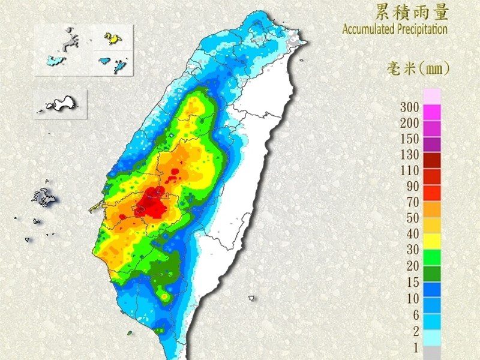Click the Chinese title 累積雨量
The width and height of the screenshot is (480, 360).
pyautogui.click(x=410, y=11)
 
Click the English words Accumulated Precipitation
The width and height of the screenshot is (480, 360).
pyautogui.click(x=395, y=28)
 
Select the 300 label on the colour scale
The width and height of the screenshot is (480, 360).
pyautogui.click(x=410, y=108)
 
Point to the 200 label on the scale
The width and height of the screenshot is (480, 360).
pyautogui.click(x=410, y=123)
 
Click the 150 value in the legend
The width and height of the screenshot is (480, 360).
pyautogui.click(x=410, y=139)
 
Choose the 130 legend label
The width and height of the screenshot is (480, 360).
pyautogui.click(x=410, y=154)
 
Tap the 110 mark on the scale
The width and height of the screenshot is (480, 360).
pyautogui.click(x=410, y=170)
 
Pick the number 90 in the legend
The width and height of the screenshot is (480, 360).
pyautogui.click(x=413, y=186)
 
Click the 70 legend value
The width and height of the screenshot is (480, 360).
pyautogui.click(x=413, y=202)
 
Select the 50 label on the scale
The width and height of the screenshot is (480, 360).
pyautogui.click(x=413, y=218)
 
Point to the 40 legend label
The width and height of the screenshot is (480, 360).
pyautogui.click(x=413, y=233)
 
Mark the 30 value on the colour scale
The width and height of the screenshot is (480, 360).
pyautogui.click(x=413, y=249)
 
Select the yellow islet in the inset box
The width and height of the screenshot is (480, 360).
pyautogui.click(x=112, y=38)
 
